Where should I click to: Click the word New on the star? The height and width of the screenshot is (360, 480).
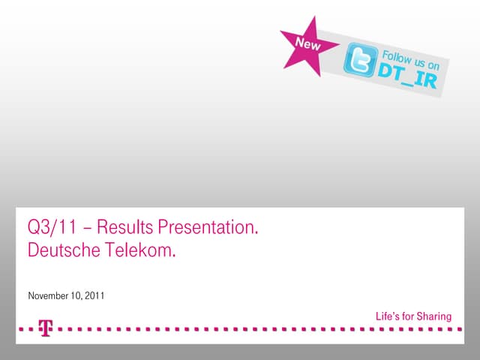(307, 44)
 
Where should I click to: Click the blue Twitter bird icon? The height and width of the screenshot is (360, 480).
(359, 59)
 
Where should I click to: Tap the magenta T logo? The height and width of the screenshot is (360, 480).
(46, 328)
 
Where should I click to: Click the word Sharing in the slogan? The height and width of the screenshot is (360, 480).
(435, 316)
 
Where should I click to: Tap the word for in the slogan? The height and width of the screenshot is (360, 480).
(409, 316)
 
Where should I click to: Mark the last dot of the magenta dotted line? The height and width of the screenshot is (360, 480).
(451, 328)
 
